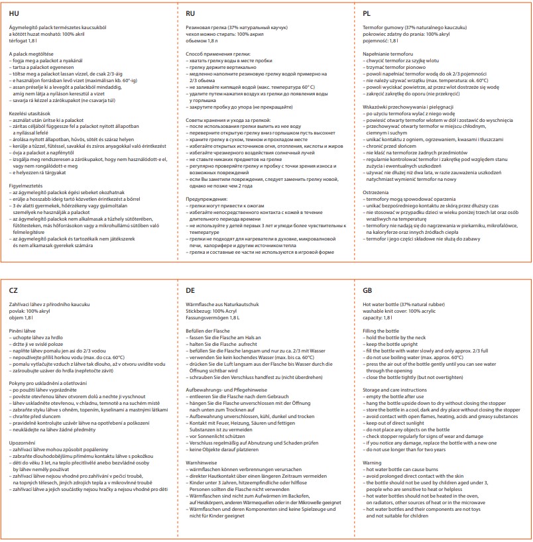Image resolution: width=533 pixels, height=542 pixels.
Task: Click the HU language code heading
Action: pos(14,13)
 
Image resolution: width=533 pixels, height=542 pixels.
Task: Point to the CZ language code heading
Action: pos(14,290)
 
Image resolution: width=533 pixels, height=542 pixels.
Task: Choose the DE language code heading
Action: pos(191,290)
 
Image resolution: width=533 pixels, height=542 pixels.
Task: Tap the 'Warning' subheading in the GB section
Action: pos(373,463)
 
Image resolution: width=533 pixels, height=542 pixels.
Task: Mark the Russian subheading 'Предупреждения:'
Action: pos(211,199)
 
